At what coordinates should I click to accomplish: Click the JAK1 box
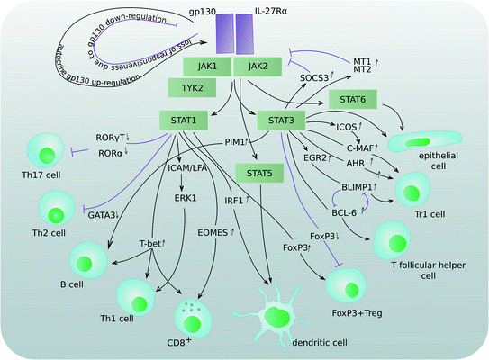pyautogui.click(x=206, y=66)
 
